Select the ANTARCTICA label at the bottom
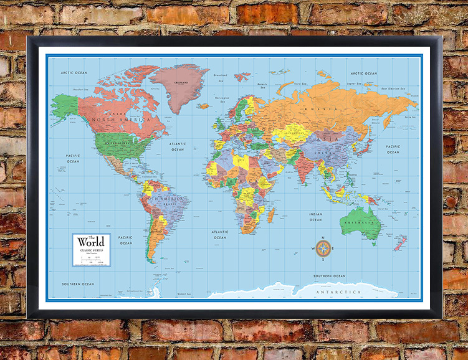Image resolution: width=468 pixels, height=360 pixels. (x=338, y=291)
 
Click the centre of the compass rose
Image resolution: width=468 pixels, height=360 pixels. (x=323, y=249)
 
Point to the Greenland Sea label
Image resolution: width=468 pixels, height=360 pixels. (x=220, y=75)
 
